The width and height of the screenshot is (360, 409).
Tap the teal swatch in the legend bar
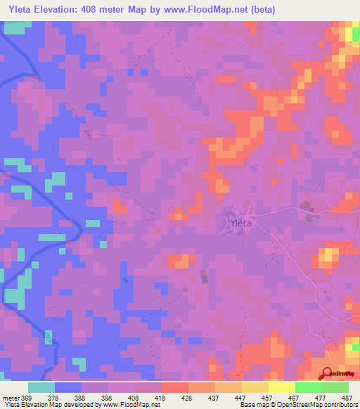(x=41, y=387)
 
